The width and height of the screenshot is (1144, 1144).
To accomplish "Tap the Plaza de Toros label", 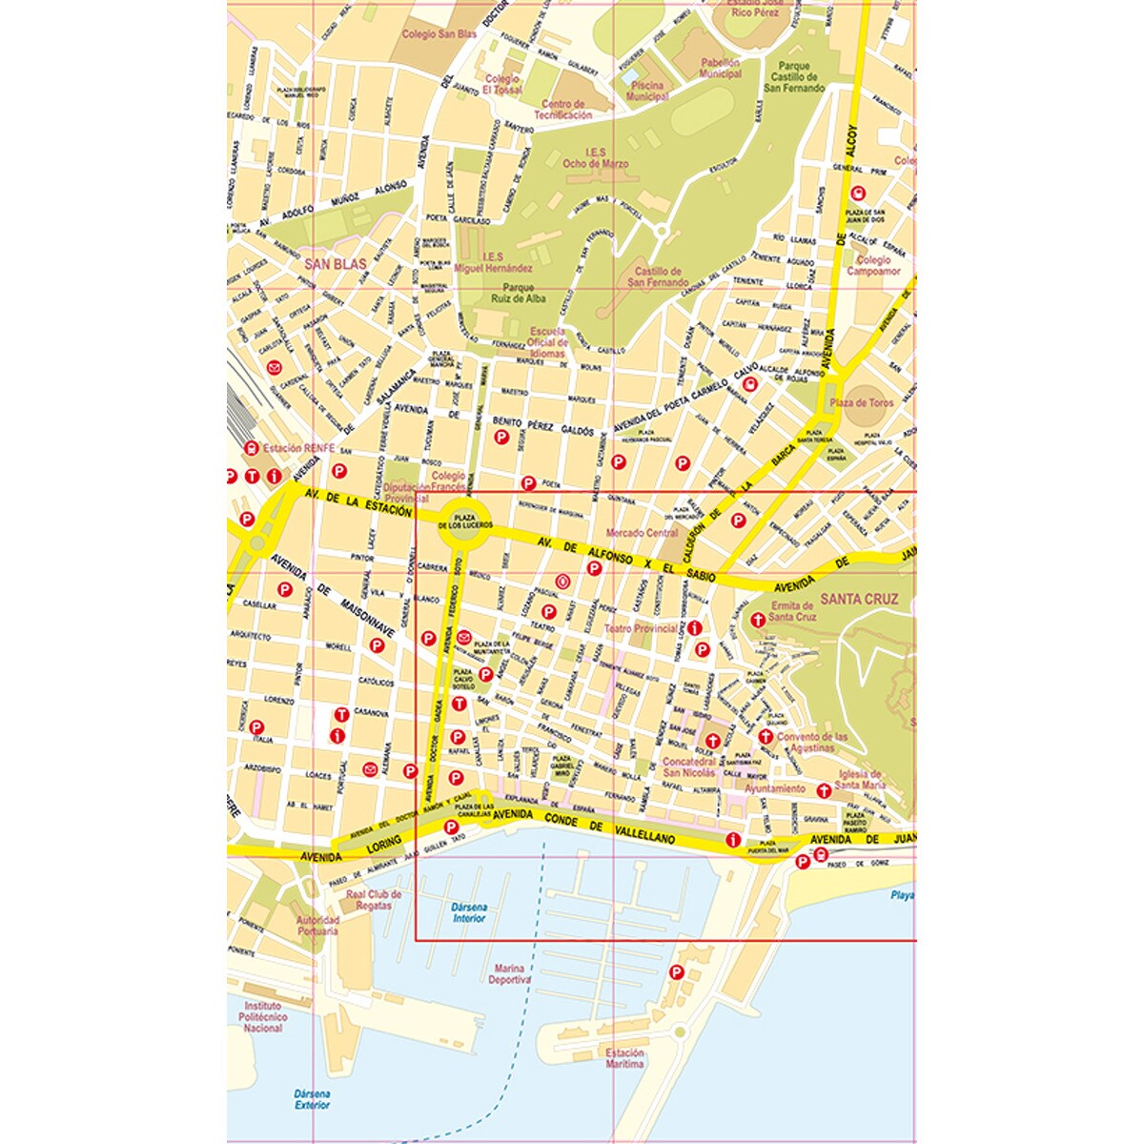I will [862, 403].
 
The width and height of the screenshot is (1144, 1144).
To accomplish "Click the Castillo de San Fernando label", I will [658, 277].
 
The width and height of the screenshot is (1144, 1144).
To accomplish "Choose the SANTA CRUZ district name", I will [860, 600].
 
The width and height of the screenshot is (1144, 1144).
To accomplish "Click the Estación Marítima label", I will [624, 1058].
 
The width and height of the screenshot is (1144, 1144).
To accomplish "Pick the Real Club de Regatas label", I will [374, 900].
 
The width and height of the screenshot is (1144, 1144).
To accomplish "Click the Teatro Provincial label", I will [641, 629].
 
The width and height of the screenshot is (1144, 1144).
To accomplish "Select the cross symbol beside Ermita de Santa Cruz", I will [759, 619].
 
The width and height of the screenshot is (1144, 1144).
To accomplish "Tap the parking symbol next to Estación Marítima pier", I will [677, 972].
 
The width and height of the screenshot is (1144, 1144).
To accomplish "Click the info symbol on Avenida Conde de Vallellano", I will [732, 840].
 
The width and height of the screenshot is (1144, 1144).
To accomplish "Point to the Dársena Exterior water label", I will [312, 1098].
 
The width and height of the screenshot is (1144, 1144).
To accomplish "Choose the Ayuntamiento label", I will [774, 788].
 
